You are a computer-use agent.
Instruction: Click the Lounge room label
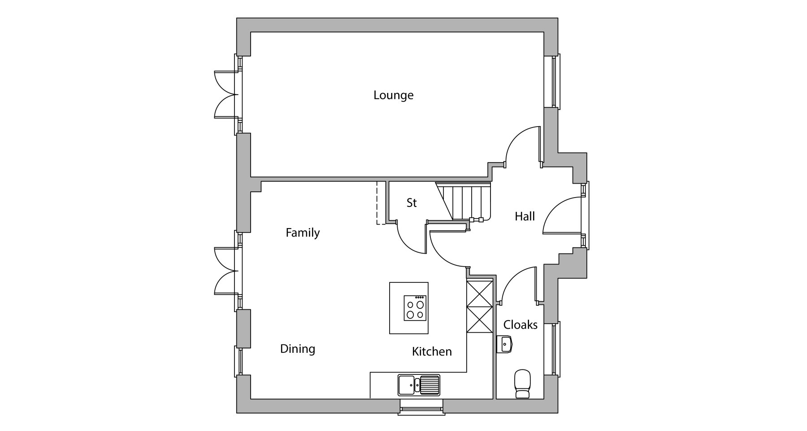pos(393,95)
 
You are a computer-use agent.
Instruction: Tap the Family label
pos(303,233)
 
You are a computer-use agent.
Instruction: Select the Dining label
pos(298,349)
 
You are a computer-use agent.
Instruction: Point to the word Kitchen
pos(432,351)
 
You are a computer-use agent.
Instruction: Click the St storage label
pos(412,203)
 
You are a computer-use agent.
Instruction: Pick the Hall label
pos(525,216)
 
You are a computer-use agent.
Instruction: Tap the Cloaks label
pos(520,325)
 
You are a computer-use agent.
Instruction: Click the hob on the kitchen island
pos(415,308)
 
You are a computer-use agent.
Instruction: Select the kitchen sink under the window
pos(419,385)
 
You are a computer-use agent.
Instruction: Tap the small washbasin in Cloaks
pos(505,345)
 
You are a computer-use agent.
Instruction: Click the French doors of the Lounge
pos(226,95)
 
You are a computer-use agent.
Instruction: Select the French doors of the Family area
pos(226,271)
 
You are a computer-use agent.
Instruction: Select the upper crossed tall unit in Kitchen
pos(480,293)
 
